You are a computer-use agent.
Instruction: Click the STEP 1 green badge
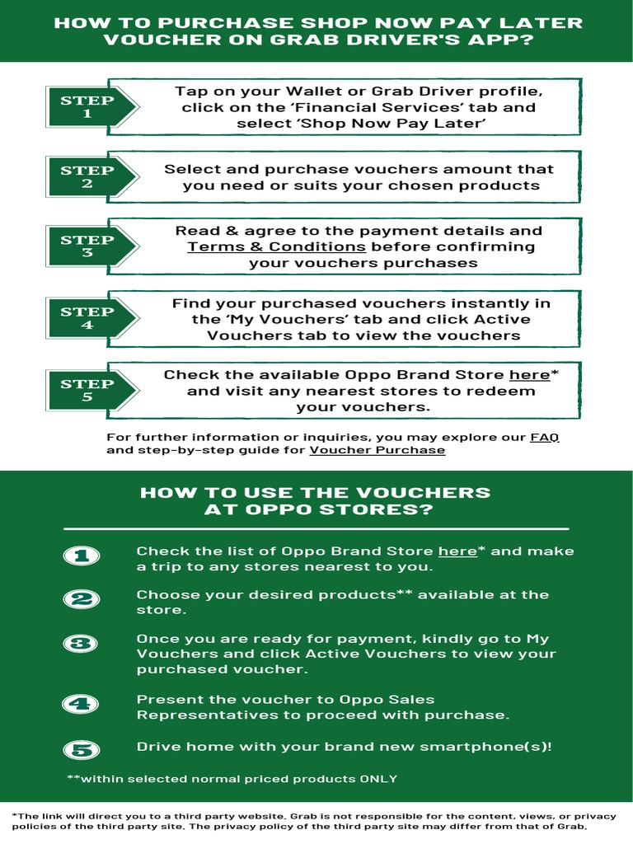point(87,107)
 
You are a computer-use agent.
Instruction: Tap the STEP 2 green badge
point(87,177)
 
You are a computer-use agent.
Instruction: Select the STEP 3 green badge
point(87,246)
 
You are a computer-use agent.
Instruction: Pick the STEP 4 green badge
point(87,318)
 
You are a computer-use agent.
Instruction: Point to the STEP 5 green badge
point(87,390)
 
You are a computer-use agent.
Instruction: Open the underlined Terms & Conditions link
point(277,246)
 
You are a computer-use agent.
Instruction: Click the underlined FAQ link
point(544,437)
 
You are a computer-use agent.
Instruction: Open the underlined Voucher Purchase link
point(377,450)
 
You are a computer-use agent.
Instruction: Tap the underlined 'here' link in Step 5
point(529,375)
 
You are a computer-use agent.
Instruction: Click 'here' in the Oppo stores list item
point(457,551)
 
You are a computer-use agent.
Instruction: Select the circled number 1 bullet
point(81,557)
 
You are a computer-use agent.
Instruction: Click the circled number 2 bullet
point(81,600)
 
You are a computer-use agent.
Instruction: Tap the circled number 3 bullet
point(81,644)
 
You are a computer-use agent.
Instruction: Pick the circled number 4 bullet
point(81,704)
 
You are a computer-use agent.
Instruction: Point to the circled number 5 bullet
point(81,749)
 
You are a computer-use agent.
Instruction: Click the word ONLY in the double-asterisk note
point(378,779)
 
